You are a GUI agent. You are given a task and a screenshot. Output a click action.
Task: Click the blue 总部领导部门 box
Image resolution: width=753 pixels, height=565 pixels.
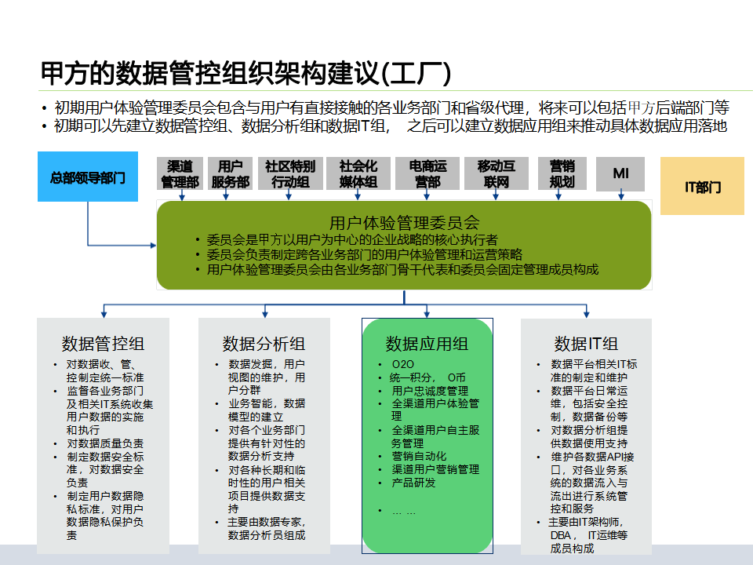[88, 177]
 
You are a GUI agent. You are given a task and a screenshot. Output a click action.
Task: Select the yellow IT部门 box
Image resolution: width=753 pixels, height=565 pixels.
[702, 186]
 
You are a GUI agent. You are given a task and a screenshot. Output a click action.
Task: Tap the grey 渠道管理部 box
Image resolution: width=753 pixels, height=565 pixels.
[180, 174]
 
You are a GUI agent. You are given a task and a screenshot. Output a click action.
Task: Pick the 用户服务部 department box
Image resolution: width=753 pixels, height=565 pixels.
[230, 174]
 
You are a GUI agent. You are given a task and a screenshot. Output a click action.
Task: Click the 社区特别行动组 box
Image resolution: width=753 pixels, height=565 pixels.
[290, 174]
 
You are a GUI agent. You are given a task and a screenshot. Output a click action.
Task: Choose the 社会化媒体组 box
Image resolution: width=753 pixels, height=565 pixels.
[358, 174]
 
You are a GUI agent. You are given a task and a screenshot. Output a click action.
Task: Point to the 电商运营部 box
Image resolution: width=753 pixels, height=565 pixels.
[427, 174]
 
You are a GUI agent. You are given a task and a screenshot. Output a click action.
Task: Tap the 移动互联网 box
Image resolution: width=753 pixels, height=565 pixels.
[497, 174]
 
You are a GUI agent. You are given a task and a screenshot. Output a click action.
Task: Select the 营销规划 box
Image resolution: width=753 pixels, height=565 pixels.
[562, 174]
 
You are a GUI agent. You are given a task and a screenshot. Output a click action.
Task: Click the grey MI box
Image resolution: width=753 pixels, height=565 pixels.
[620, 174]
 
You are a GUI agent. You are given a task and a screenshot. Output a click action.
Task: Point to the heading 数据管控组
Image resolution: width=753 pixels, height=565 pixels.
[103, 344]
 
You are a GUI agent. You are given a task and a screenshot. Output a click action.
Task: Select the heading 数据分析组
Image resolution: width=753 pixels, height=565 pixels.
[264, 344]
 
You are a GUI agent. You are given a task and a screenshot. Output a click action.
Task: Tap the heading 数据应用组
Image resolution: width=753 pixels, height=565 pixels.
[427, 344]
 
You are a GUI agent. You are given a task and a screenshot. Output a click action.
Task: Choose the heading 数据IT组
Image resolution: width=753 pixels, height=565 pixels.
[586, 344]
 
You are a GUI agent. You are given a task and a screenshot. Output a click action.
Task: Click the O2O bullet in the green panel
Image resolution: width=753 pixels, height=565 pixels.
[402, 364]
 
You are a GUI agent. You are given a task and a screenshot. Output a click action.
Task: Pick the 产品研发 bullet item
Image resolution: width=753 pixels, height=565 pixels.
[413, 483]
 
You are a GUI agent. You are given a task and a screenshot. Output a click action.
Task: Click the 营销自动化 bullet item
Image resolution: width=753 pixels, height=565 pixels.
[419, 456]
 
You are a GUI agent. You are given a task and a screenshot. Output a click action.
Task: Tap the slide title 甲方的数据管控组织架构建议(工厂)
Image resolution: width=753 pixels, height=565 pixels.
[246, 73]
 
